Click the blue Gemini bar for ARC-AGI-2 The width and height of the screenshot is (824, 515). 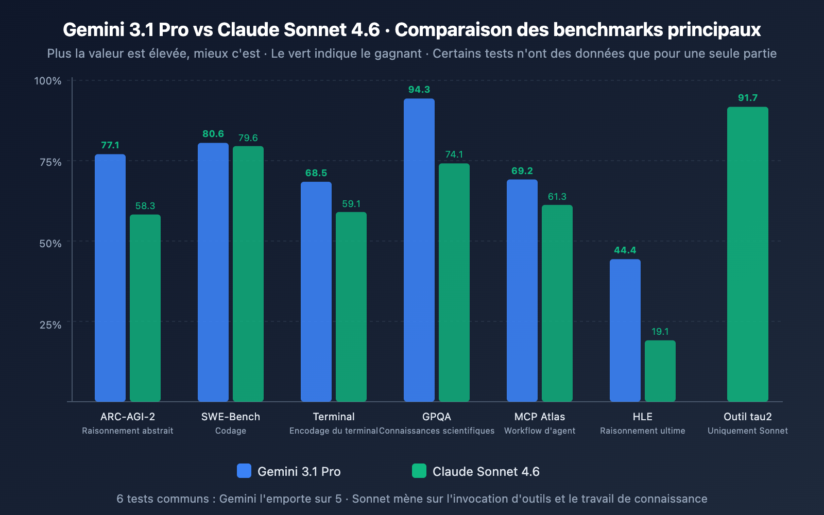tap(110, 278)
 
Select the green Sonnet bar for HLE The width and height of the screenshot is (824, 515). tap(660, 371)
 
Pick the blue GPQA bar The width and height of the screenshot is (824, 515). tap(419, 250)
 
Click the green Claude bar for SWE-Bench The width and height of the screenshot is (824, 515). tap(248, 273)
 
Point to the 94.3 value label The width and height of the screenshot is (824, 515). tap(419, 90)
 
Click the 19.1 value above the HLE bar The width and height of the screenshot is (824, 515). tap(660, 332)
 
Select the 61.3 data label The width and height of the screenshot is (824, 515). tap(557, 197)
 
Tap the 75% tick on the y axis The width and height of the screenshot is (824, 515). tap(50, 162)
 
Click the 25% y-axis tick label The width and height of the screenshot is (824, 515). tap(50, 325)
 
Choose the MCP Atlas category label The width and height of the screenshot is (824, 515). tap(539, 417)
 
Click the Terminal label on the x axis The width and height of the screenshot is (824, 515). tap(334, 417)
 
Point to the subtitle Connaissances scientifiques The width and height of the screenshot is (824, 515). tap(437, 431)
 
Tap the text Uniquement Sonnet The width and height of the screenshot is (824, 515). tap(747, 431)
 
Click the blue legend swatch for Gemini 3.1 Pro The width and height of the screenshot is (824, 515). tap(244, 471)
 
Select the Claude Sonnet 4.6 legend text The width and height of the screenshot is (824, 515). tap(486, 472)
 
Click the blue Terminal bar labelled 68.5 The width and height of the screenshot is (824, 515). tap(316, 291)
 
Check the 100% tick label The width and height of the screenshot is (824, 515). tap(48, 81)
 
